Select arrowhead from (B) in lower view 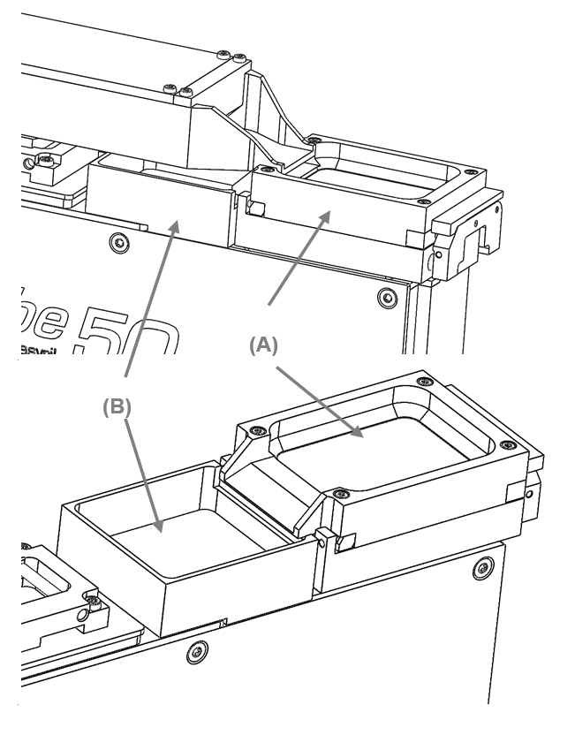click(160, 531)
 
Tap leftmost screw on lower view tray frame click(255, 432)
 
